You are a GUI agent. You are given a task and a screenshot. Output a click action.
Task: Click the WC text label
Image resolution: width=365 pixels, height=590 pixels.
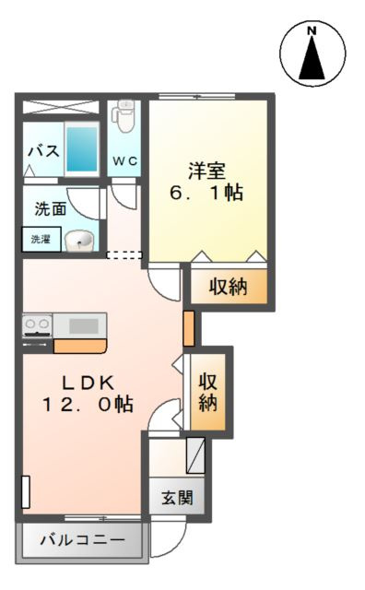124,160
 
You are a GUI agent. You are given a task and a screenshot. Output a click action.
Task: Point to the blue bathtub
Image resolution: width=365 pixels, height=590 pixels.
82,148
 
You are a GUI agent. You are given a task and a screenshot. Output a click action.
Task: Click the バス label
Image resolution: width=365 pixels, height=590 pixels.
42,150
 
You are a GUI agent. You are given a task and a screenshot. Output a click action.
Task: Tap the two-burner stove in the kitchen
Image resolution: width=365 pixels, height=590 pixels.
38,325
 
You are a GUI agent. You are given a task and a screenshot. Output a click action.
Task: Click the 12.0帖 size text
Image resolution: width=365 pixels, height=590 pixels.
88,404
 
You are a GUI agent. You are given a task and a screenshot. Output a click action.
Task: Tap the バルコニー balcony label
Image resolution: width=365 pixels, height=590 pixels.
81,540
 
